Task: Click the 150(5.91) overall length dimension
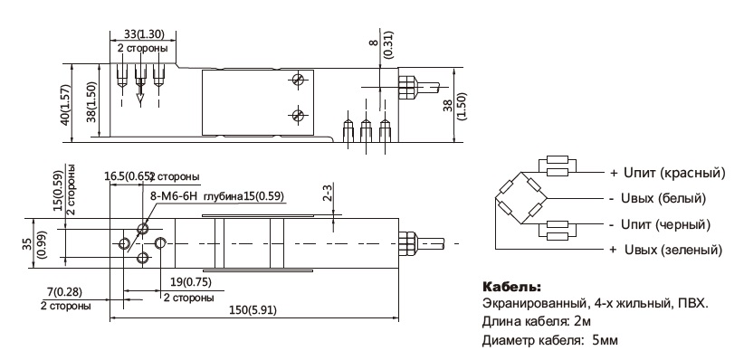tap(253, 310)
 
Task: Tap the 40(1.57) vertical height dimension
tap(65, 105)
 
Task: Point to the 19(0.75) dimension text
tap(190, 282)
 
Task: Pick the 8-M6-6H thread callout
tap(170, 195)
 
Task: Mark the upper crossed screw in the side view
tap(298, 80)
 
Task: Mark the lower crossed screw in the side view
tap(298, 114)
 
